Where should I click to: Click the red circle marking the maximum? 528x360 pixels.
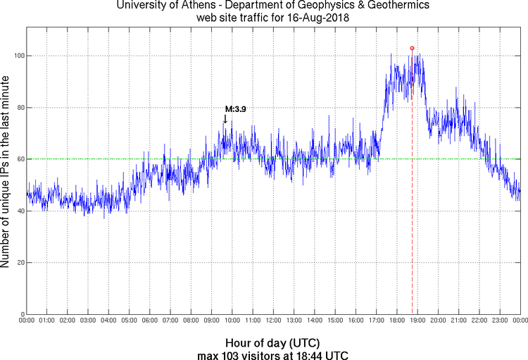[x=412, y=49]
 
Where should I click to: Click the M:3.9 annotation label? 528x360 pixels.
[x=235, y=109]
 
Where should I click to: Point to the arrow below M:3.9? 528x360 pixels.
[x=225, y=119]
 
